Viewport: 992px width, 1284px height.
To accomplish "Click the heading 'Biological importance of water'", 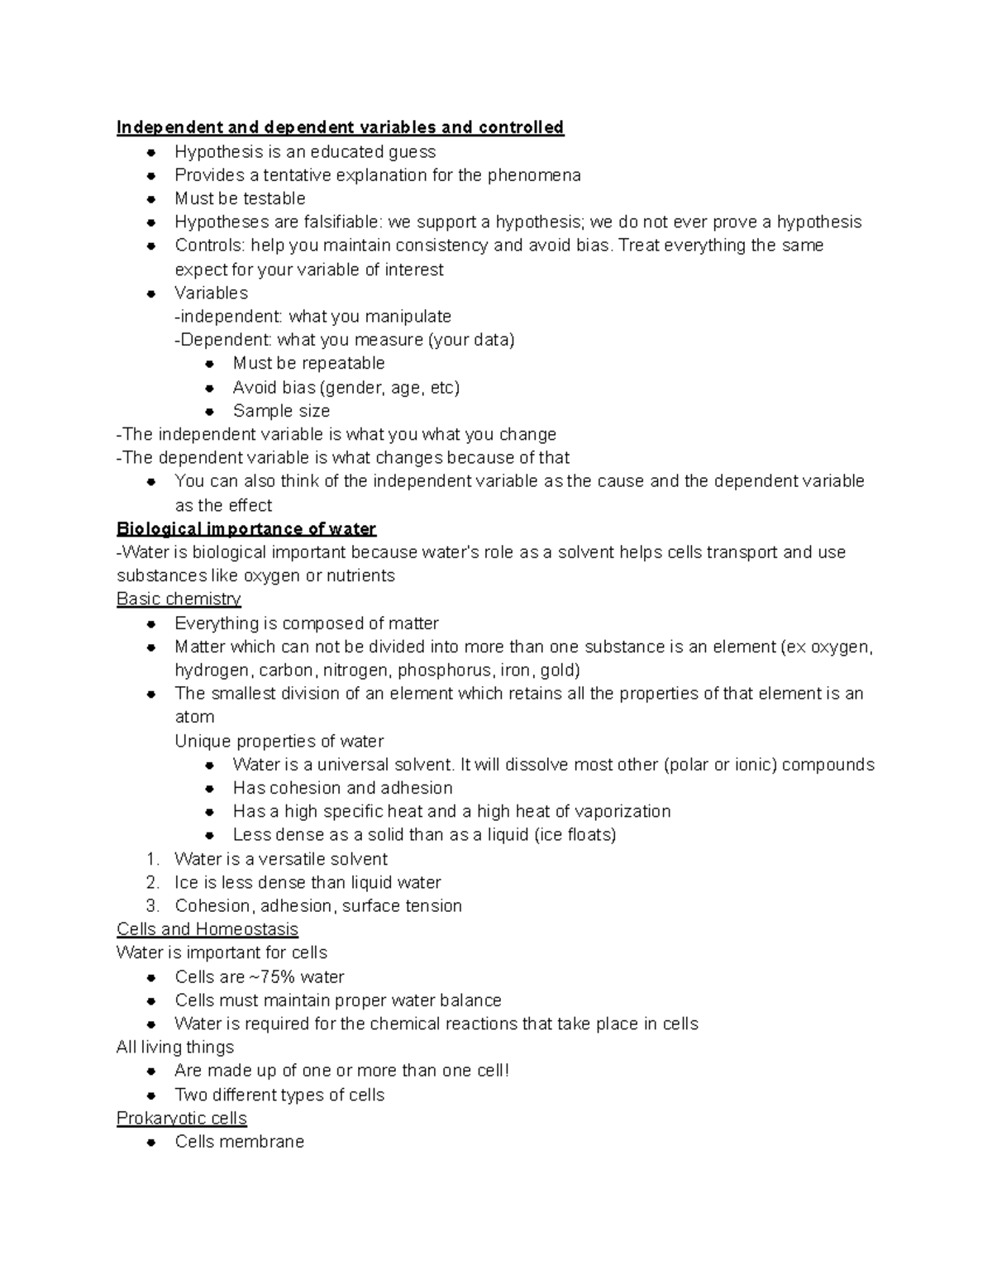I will (246, 529).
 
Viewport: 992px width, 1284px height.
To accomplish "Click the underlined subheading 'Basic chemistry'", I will (179, 599).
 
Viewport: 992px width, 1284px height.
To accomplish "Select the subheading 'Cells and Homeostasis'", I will (207, 929).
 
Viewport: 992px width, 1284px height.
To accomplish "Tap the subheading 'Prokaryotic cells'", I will (182, 1119).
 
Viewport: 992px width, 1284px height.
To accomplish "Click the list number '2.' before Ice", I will (152, 882).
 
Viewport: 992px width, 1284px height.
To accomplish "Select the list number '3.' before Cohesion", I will (152, 906).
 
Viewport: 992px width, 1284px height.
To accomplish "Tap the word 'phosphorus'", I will (445, 671).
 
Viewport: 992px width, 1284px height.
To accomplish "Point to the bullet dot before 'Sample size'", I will (211, 411).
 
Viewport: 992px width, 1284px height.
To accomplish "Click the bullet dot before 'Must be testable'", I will (151, 199).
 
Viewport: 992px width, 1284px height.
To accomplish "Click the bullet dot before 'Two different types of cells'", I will (151, 1095).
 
